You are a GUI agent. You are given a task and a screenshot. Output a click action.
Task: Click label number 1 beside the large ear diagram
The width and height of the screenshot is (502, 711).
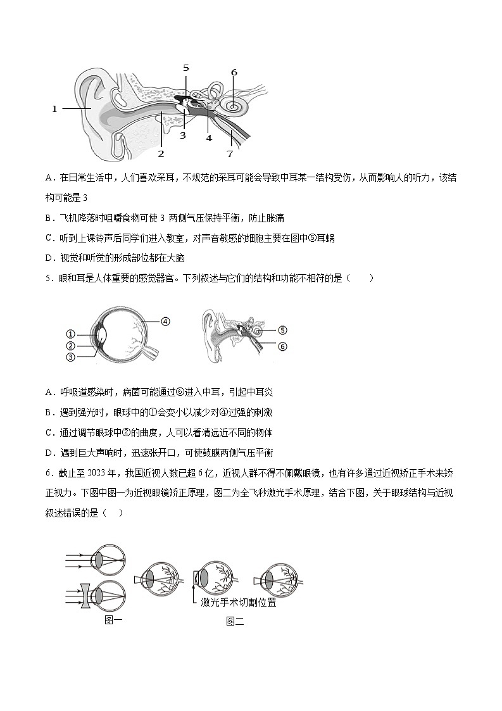[54, 109]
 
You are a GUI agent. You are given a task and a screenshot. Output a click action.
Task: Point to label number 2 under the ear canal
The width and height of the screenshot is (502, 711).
[161, 153]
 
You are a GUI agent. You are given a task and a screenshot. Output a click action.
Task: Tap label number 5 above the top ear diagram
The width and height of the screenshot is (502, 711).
[185, 68]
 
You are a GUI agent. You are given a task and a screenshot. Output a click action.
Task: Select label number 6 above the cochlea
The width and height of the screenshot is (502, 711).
[234, 72]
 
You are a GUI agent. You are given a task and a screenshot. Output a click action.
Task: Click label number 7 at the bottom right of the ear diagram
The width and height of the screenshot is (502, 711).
[230, 153]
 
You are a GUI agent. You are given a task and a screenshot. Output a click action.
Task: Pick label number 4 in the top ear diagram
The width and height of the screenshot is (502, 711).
[208, 137]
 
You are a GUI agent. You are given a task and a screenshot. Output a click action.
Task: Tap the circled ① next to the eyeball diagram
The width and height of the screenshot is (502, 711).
[70, 334]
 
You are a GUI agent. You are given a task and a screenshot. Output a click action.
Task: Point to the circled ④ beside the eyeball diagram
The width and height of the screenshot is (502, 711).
[165, 321]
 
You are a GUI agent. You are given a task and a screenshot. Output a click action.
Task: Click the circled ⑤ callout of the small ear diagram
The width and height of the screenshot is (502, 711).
[282, 330]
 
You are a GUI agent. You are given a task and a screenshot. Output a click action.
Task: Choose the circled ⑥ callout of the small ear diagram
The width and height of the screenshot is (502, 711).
[282, 346]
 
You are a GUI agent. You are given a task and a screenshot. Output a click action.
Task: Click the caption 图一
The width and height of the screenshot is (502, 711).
[113, 620]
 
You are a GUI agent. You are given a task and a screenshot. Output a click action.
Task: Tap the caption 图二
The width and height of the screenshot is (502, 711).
[235, 621]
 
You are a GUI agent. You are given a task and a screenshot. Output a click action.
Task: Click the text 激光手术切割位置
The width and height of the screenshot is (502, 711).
[238, 603]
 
